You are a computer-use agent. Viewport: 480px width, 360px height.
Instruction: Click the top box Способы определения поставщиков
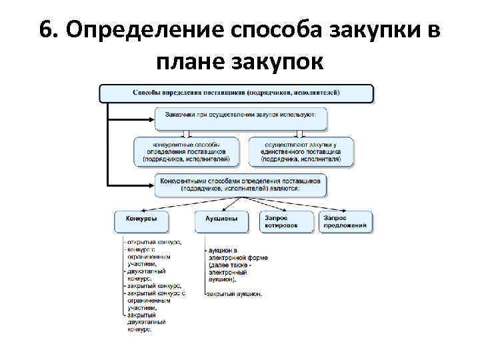(236, 93)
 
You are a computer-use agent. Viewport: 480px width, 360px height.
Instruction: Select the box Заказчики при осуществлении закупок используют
(241, 118)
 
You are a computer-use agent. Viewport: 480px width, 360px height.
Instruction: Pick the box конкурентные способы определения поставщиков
(186, 151)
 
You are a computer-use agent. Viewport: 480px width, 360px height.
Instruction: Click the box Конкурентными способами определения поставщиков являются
(241, 185)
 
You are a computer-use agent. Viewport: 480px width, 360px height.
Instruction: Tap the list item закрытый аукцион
(234, 293)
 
